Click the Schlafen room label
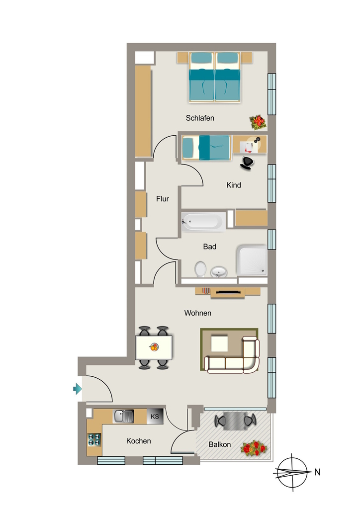pyautogui.click(x=200, y=118)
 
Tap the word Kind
pyautogui.click(x=234, y=185)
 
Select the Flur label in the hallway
pyautogui.click(x=162, y=199)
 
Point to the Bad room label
pyautogui.click(x=210, y=247)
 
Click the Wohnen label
pyautogui.click(x=198, y=313)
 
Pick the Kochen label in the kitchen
pyautogui.click(x=139, y=441)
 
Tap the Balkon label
pyautogui.click(x=220, y=444)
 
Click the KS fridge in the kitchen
pyautogui.click(x=155, y=416)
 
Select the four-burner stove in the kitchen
pyautogui.click(x=94, y=440)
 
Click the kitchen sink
pyautogui.click(x=123, y=416)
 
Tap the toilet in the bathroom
pyautogui.click(x=200, y=269)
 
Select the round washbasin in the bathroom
pyautogui.click(x=219, y=272)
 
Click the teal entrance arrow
pyautogui.click(x=77, y=388)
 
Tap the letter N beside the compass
pyautogui.click(x=317, y=472)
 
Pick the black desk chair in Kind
pyautogui.click(x=247, y=163)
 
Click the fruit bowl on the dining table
pyautogui.click(x=154, y=347)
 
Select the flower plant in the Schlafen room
pyautogui.click(x=258, y=122)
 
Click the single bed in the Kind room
pyautogui.click(x=206, y=148)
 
